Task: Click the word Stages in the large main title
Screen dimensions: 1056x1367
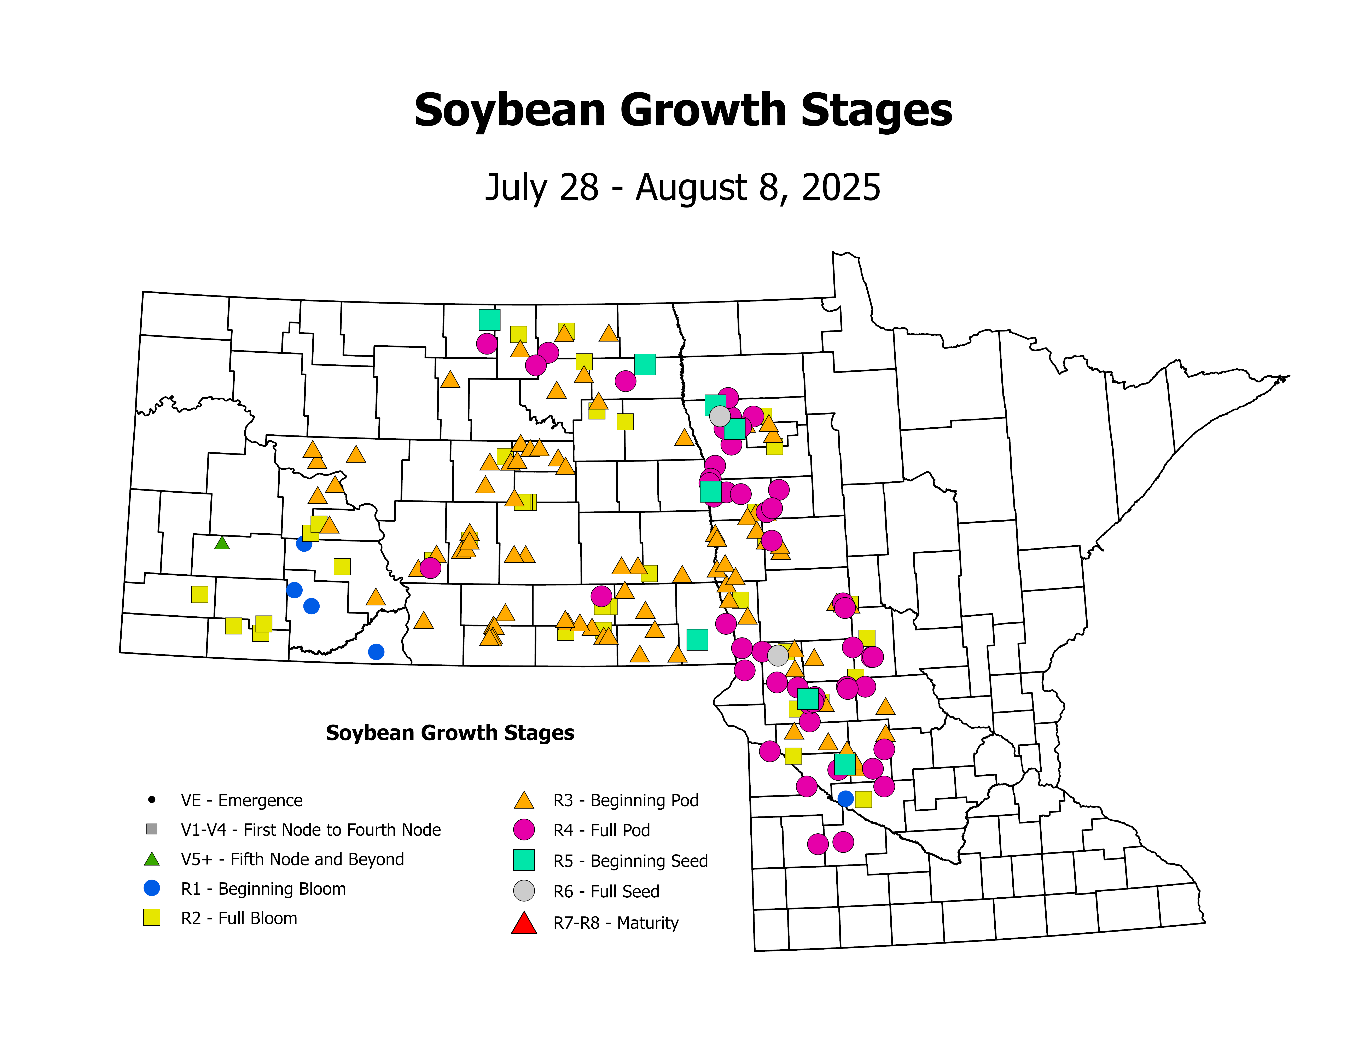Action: click(876, 111)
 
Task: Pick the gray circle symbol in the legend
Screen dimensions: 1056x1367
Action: click(524, 891)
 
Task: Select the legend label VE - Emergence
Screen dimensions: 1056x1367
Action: click(242, 800)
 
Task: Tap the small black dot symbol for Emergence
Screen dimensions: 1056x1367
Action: click(151, 799)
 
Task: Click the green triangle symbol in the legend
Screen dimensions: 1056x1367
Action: click(151, 859)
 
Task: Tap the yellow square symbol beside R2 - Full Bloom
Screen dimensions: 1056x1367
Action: click(151, 918)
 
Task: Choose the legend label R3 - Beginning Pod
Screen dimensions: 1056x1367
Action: click(626, 800)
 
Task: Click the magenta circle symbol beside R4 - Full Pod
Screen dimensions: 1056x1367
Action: click(524, 829)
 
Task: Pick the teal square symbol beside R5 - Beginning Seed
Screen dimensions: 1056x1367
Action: click(524, 860)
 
